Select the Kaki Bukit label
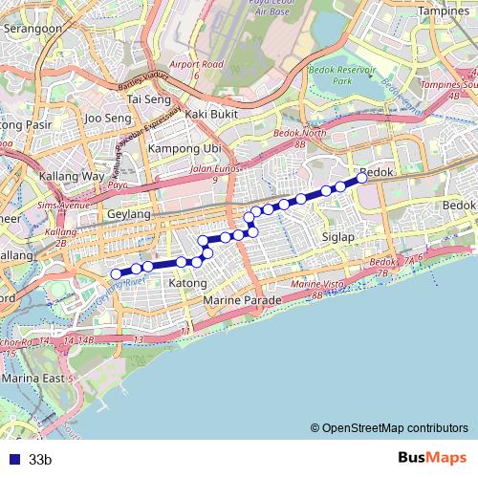[x=210, y=115]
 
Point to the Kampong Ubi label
[x=185, y=149]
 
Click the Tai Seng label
[x=148, y=98]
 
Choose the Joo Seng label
[x=107, y=119]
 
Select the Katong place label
[x=187, y=283]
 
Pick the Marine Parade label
[x=243, y=300]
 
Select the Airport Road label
[x=196, y=64]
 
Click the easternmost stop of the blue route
[x=362, y=177]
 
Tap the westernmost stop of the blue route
[x=117, y=274]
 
